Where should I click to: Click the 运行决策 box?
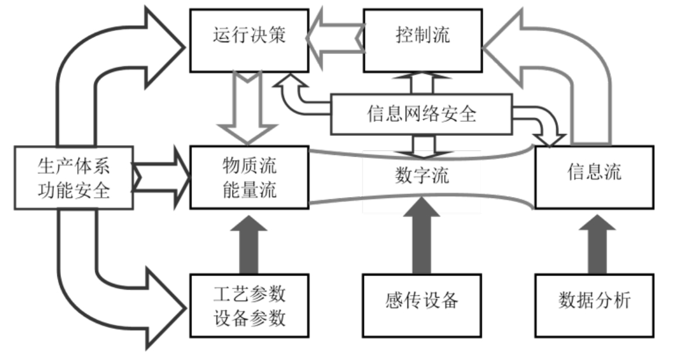pyautogui.click(x=249, y=36)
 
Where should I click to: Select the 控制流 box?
pyautogui.click(x=423, y=36)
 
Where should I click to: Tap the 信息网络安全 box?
pyautogui.click(x=422, y=114)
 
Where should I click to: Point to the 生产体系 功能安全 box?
pyautogui.click(x=74, y=177)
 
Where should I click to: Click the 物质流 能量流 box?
pyautogui.click(x=249, y=177)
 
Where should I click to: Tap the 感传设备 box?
pyautogui.click(x=422, y=302)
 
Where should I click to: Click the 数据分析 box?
pyautogui.click(x=594, y=302)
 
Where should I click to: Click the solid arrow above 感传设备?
pyautogui.click(x=422, y=237)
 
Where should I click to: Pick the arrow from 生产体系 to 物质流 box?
pyautogui.click(x=164, y=177)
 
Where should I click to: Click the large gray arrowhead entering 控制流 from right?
pyautogui.click(x=507, y=47)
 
